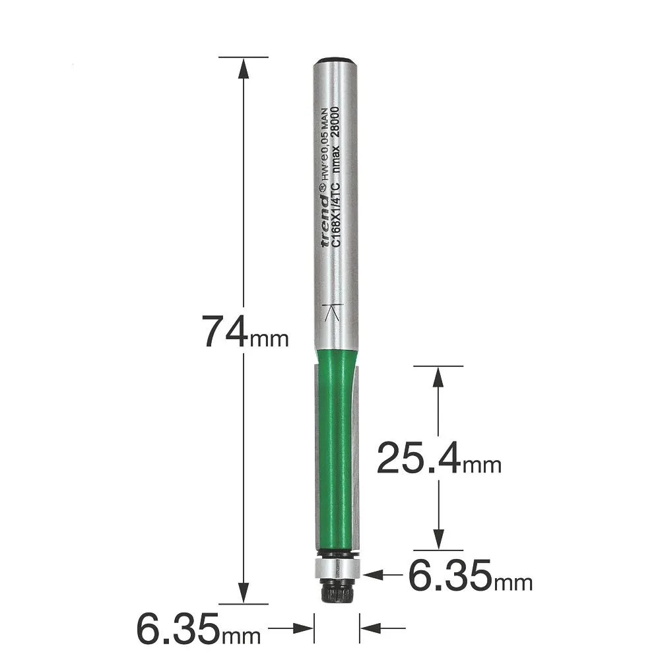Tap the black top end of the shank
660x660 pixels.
pos(336,61)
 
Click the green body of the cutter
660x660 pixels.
pos(330,449)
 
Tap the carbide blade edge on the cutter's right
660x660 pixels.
pos(354,462)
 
